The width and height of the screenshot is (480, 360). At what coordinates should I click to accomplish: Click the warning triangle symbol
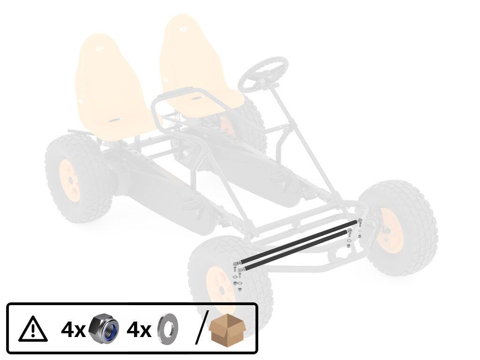coord(33,330)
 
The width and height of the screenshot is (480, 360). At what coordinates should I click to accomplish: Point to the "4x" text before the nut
coord(74,330)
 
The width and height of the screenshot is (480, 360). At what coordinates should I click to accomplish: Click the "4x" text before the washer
coord(139,330)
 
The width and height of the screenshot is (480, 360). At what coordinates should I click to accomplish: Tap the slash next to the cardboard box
coord(202,327)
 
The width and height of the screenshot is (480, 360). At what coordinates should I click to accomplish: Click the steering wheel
coord(263,75)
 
